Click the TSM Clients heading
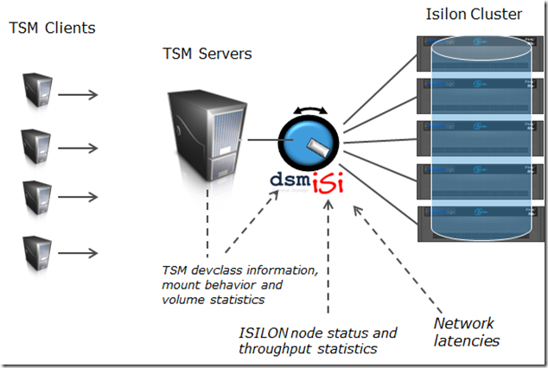tap(52, 28)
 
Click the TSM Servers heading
tap(207, 54)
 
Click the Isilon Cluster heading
tap(475, 15)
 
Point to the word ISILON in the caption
tap(269, 333)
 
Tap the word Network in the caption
tap(465, 324)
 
